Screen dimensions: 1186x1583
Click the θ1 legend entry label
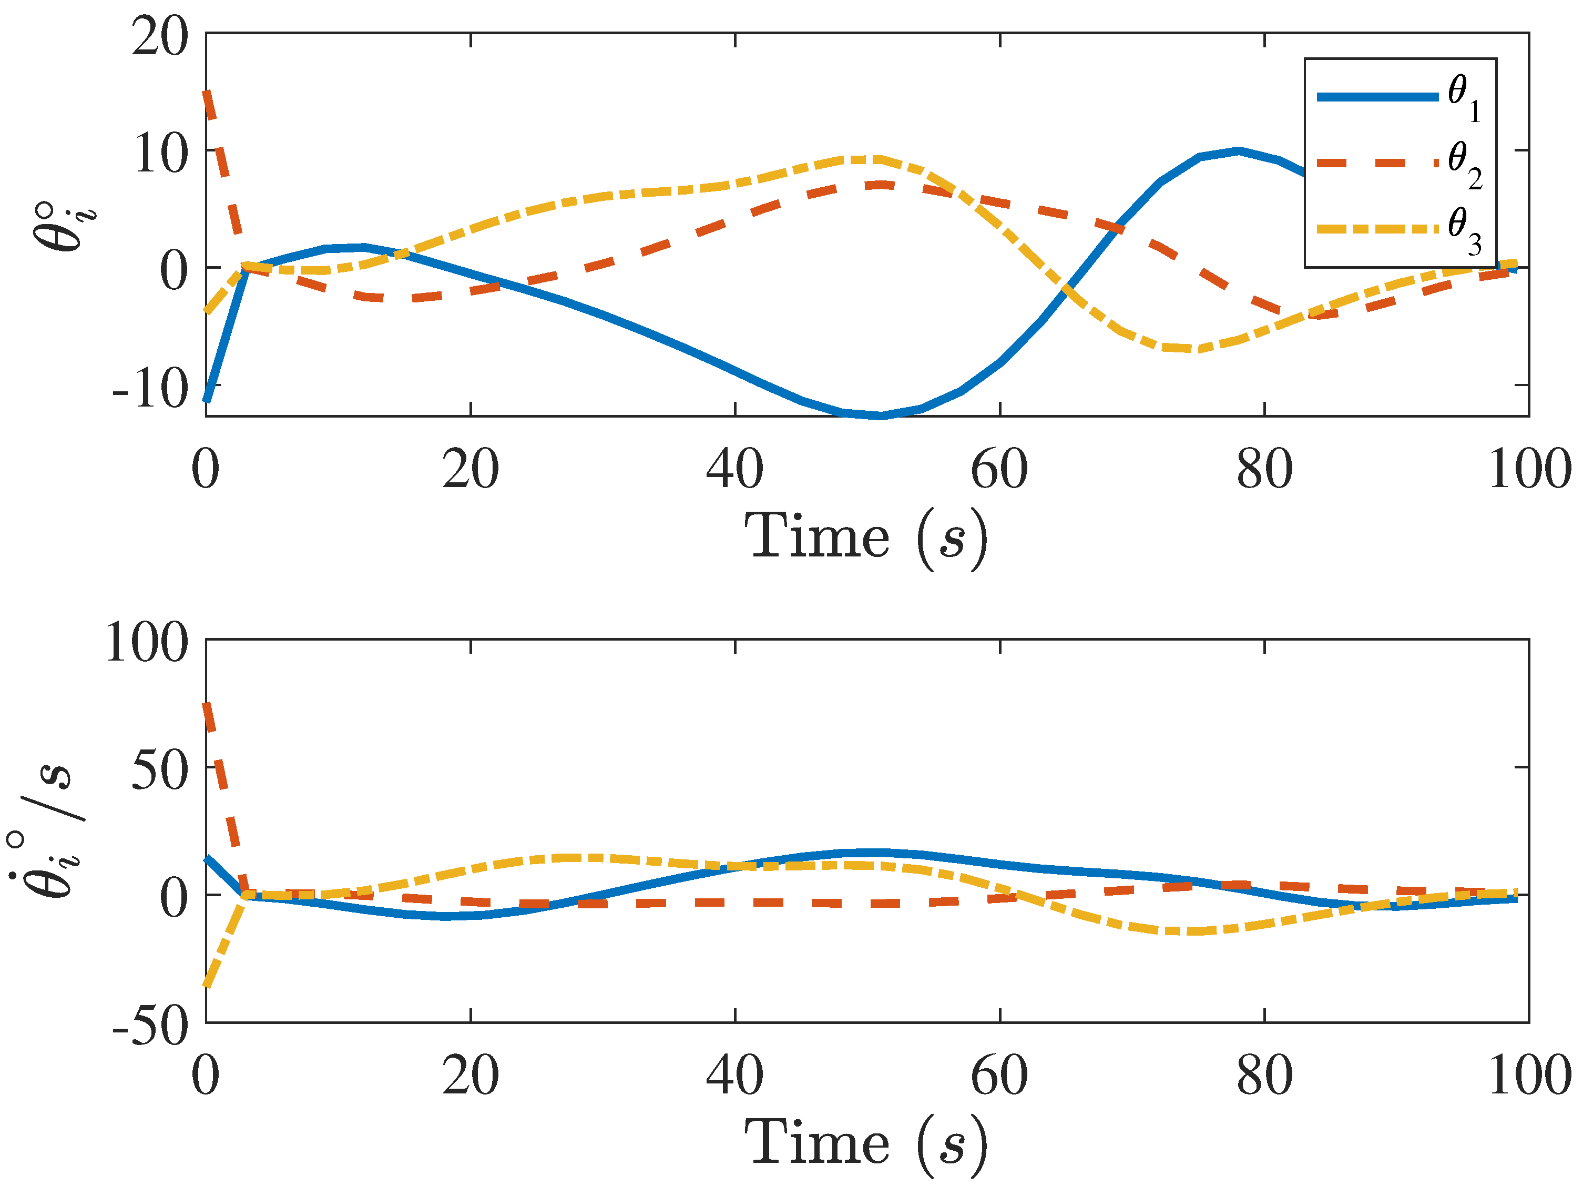coord(1464,98)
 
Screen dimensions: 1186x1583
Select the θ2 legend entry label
coord(1465,165)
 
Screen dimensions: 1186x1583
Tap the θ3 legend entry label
coord(1465,230)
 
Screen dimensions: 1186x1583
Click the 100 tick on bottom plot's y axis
coord(147,642)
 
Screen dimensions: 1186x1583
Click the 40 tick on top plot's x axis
coord(734,470)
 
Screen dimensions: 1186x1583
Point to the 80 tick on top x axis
coord(1264,470)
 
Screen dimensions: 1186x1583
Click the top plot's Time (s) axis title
coord(866,537)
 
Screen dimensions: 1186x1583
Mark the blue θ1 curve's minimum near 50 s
coord(880,415)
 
